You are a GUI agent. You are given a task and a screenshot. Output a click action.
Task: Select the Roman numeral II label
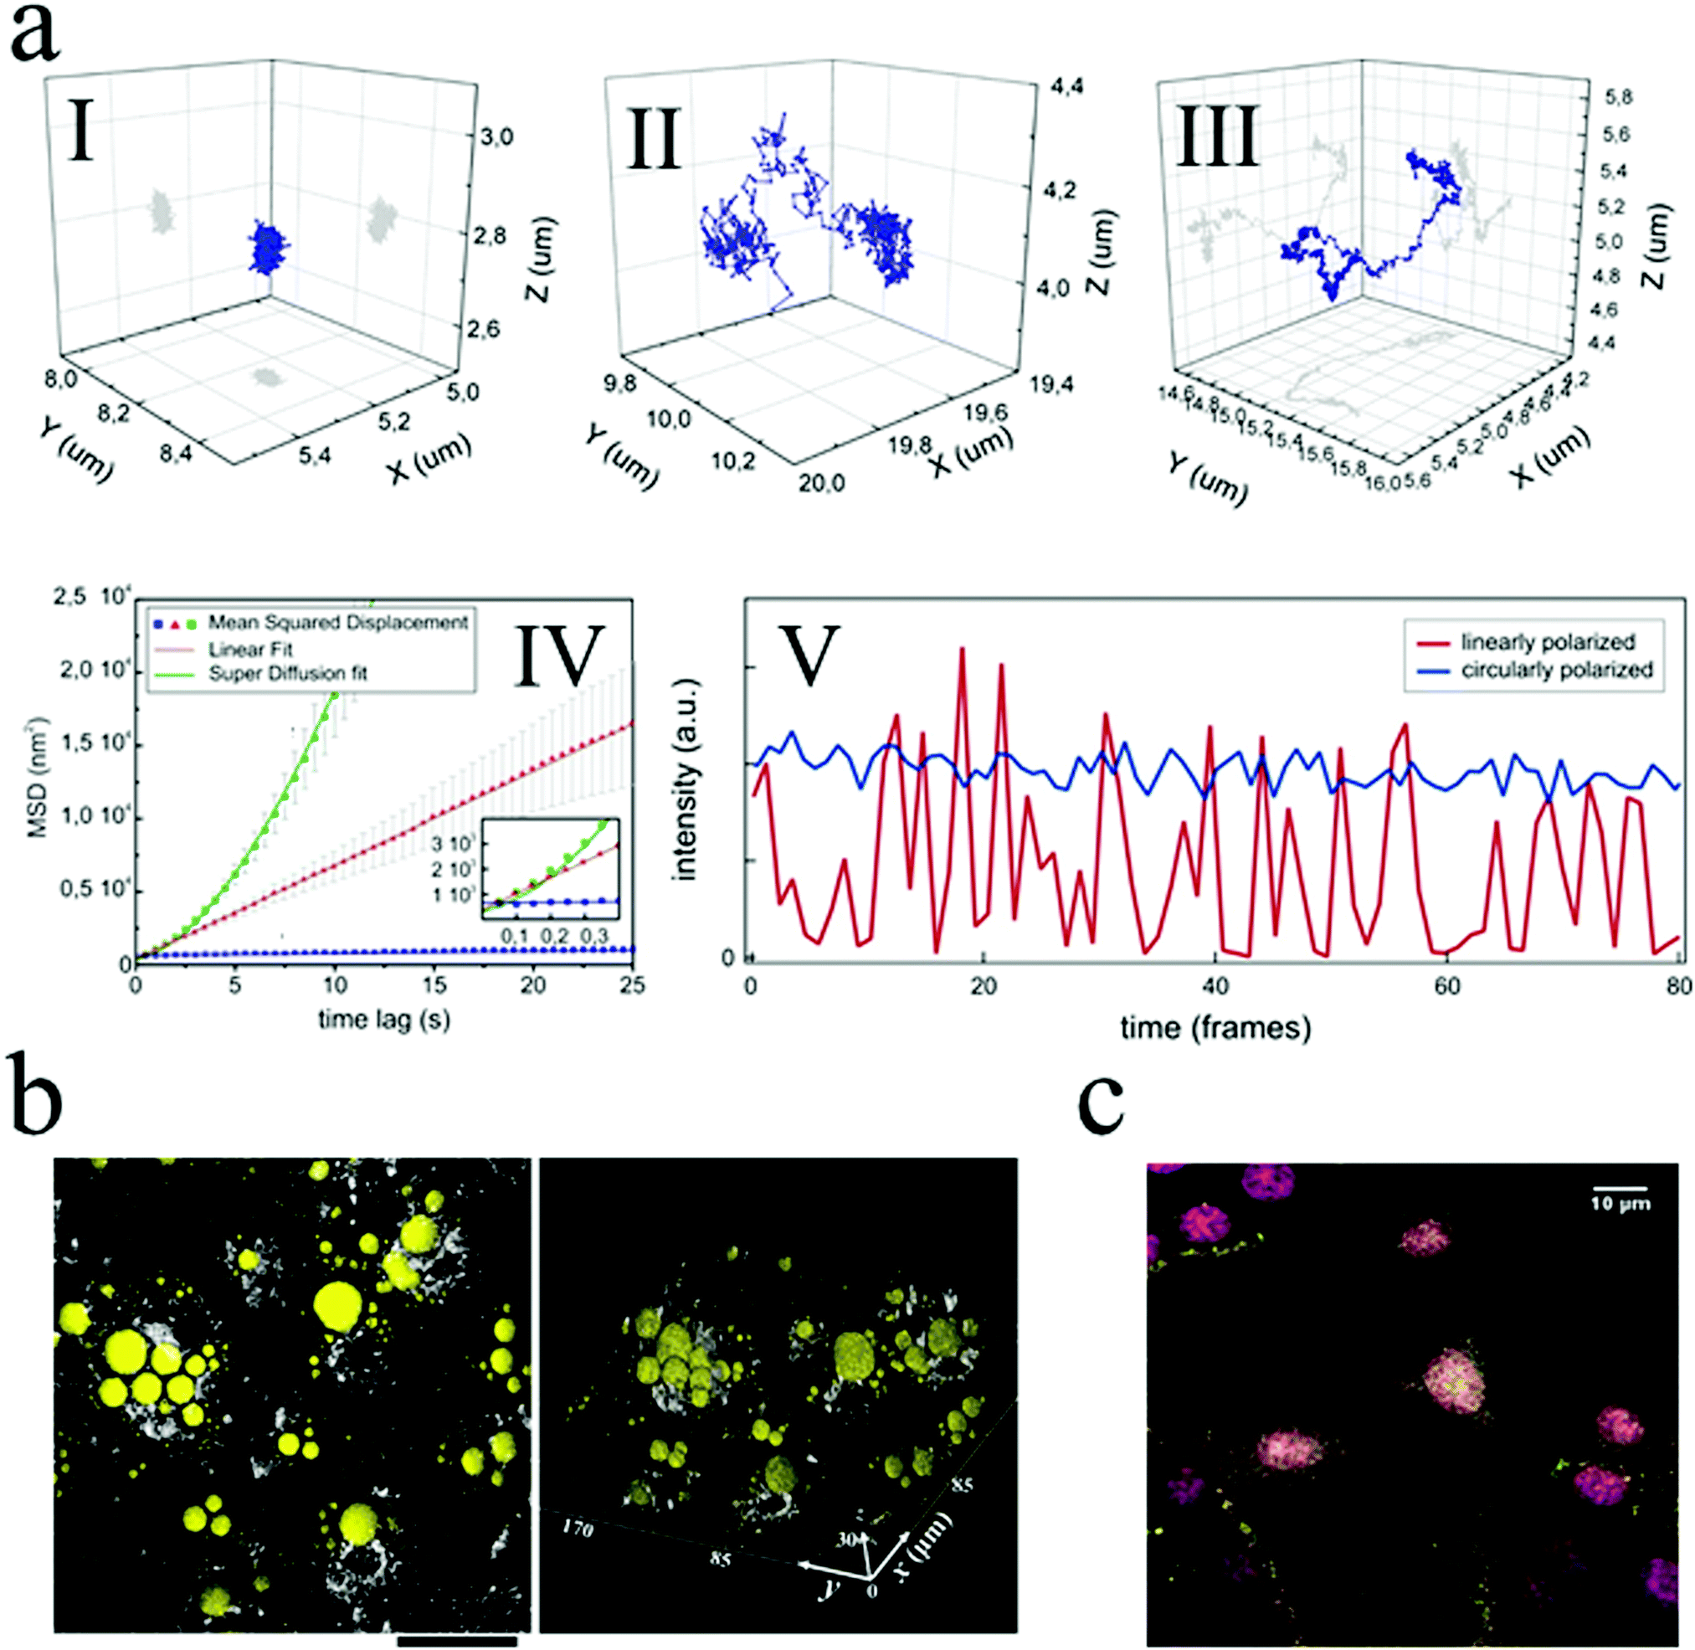coord(654,139)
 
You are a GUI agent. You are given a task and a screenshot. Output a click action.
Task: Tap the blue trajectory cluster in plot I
coord(271,247)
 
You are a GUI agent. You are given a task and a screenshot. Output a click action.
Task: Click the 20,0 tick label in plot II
coord(820,483)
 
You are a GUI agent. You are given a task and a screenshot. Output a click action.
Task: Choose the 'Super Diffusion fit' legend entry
coord(288,673)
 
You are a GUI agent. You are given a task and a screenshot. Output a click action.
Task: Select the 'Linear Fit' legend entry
coord(249,649)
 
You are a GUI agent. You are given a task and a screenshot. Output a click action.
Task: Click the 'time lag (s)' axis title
coord(384,1020)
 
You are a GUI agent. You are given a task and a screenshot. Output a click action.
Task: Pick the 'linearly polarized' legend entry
coord(1548,642)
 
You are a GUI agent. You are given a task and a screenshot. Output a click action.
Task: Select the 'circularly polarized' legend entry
coord(1556,670)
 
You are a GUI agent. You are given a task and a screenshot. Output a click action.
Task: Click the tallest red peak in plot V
coord(962,648)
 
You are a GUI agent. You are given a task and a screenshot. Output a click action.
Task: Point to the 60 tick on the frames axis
coord(1447,986)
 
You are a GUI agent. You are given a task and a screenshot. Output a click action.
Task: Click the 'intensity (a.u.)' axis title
coord(686,780)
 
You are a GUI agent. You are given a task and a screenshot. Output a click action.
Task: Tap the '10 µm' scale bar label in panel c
coord(1619,1204)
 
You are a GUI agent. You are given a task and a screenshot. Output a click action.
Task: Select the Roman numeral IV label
coord(559,655)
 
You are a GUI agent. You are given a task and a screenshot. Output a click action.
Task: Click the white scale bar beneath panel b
coord(458,1641)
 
